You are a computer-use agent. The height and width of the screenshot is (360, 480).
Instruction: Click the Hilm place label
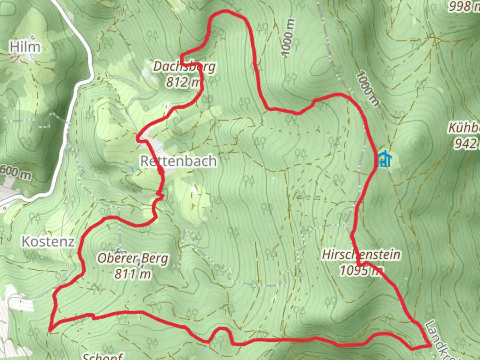pyautogui.click(x=25, y=47)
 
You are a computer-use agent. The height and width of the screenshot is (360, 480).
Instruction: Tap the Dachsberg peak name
pyautogui.click(x=184, y=67)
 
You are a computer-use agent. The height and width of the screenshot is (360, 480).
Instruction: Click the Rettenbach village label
pyautogui.click(x=178, y=161)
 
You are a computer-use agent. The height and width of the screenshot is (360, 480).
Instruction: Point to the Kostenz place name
pyautogui.click(x=48, y=242)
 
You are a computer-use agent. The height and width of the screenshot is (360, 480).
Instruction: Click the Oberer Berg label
pyautogui.click(x=133, y=258)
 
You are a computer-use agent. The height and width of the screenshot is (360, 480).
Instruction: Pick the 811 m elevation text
pyautogui.click(x=133, y=274)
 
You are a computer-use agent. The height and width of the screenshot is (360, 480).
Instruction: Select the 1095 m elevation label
pyautogui.click(x=361, y=270)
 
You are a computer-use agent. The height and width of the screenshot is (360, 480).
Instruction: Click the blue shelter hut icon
pyautogui.click(x=384, y=159)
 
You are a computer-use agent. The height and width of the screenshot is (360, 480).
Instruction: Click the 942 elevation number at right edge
pyautogui.click(x=466, y=144)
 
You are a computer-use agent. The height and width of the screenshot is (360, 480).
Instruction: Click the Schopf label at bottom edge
pyautogui.click(x=103, y=356)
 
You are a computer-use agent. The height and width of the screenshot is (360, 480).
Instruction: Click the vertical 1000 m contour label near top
pyautogui.click(x=288, y=37)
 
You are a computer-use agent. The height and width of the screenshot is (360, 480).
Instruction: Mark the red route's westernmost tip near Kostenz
pyautogui.click(x=50, y=330)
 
